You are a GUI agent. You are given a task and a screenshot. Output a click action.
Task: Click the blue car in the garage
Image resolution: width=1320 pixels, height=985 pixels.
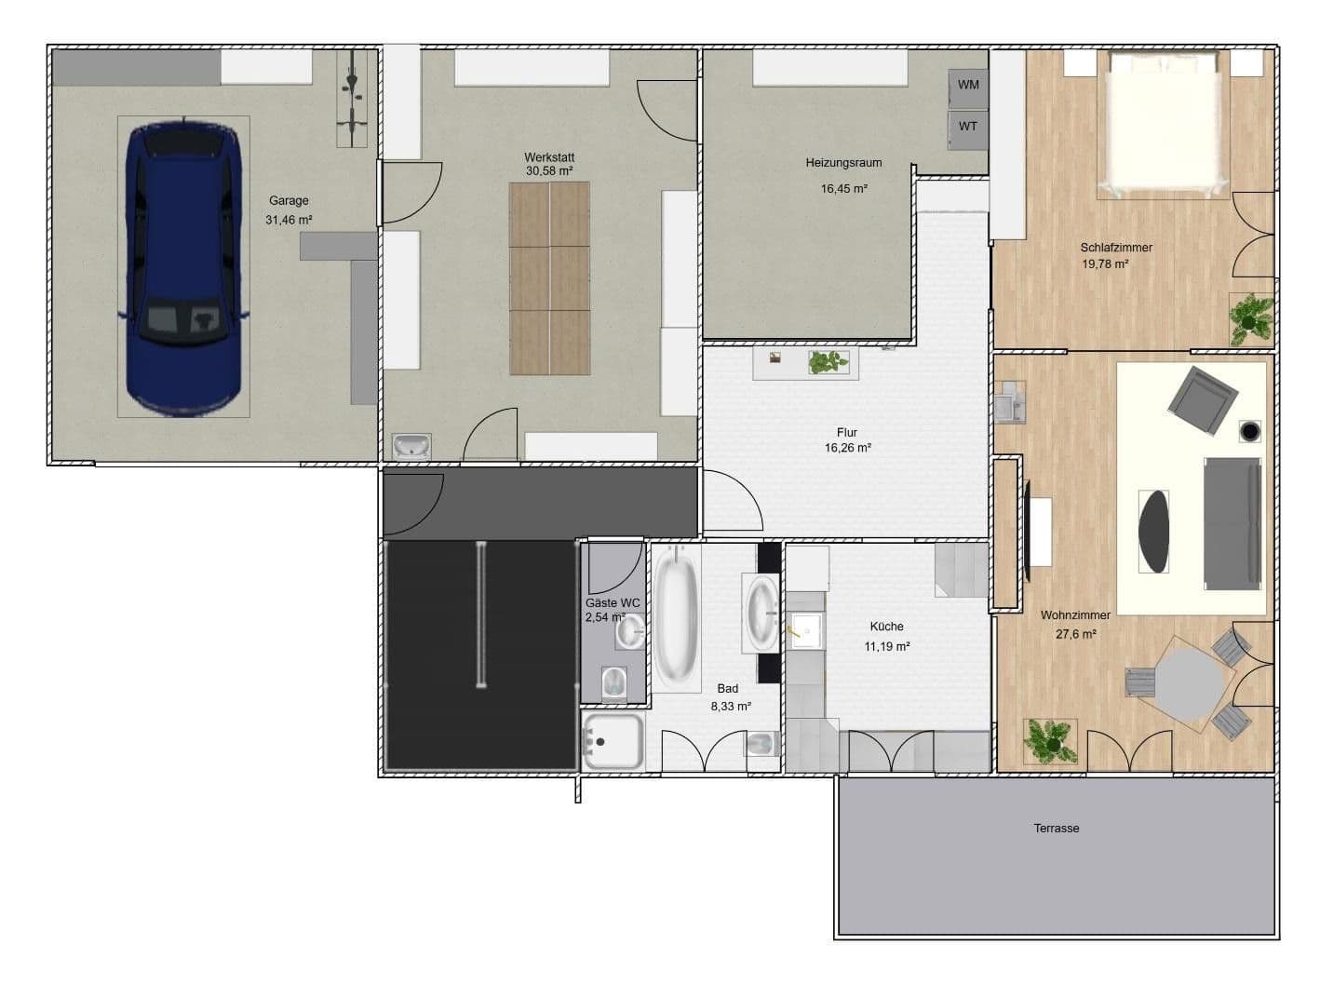click(x=183, y=267)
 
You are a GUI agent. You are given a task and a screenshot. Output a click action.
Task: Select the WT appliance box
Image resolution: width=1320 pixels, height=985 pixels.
click(x=968, y=127)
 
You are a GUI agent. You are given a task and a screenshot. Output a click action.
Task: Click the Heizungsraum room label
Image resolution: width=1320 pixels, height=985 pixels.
click(x=843, y=163)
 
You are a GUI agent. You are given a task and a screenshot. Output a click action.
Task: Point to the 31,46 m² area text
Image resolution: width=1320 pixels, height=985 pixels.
click(x=289, y=221)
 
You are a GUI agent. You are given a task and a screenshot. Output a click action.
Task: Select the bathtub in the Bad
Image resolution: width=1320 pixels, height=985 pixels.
click(x=676, y=617)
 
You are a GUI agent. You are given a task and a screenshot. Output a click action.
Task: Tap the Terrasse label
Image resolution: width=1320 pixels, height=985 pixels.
click(x=1056, y=828)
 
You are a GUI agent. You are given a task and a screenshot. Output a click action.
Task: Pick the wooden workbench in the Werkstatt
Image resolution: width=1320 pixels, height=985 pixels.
click(x=549, y=278)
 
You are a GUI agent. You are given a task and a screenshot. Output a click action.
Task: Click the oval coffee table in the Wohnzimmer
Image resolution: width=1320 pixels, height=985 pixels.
click(x=1155, y=532)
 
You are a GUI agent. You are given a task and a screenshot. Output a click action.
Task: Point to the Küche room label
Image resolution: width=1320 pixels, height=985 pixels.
click(x=886, y=627)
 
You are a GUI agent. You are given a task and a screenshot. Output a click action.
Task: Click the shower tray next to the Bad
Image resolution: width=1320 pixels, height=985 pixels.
click(x=613, y=741)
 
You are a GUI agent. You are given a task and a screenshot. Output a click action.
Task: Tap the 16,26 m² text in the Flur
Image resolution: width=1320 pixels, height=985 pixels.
click(x=847, y=448)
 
